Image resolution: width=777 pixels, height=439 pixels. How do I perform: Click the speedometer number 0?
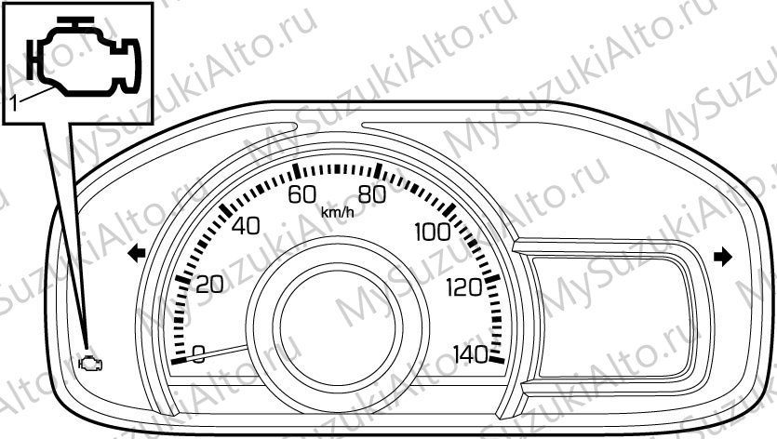198,354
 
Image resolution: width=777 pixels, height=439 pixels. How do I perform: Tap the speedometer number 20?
210,285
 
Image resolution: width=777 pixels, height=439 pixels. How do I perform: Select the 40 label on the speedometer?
246,226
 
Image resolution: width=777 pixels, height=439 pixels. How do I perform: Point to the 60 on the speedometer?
302,194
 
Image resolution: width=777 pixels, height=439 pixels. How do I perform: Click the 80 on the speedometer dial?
371,194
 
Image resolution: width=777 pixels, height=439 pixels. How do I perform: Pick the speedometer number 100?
433,232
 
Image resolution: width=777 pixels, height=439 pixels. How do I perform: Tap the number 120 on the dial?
463,287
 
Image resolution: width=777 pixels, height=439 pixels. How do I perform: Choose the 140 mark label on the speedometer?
471,354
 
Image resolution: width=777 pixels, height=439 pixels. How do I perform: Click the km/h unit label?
338,213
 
